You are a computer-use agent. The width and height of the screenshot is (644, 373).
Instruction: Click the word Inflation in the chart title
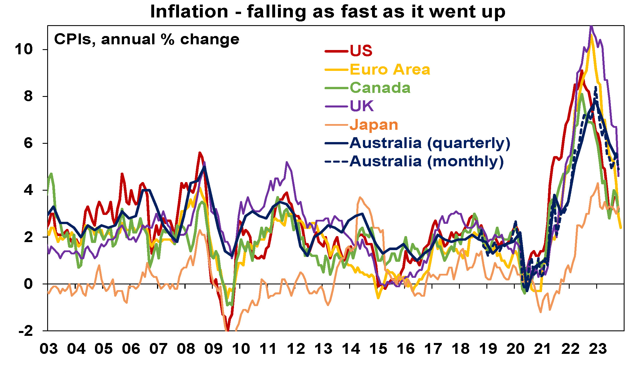189,12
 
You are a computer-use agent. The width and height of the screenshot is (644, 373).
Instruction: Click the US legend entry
361,51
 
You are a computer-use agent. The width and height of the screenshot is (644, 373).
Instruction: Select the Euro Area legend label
390,69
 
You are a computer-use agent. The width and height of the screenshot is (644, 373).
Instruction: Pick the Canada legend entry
380,88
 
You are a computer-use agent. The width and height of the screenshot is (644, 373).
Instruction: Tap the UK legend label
362,106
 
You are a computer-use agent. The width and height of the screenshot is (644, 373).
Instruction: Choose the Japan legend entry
374,125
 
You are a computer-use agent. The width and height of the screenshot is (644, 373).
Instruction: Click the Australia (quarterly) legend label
430,143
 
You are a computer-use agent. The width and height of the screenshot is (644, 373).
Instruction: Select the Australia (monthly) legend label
426,161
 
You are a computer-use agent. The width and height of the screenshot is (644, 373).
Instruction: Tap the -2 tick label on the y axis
25,331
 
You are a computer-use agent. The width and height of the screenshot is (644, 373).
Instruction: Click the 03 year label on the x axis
49,349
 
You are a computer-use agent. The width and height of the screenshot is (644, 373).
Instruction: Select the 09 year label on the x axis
213,349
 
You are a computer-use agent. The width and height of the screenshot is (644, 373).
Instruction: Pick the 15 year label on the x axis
378,349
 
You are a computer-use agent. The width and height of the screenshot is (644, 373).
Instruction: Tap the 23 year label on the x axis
598,349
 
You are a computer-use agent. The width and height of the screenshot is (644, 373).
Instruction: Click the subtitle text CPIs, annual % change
146,39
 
